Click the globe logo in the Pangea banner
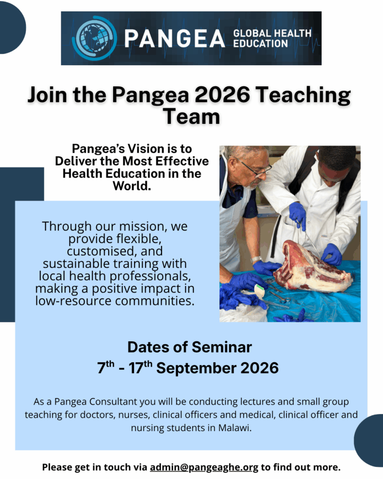point(94,37)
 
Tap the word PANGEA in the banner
point(175,38)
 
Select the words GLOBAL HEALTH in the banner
point(272,33)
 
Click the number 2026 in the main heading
point(222,94)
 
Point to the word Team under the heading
point(191,116)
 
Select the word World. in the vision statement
point(132,186)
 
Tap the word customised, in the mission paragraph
point(115,251)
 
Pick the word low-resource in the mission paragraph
point(73,301)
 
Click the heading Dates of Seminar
point(190,347)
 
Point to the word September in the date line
point(196,368)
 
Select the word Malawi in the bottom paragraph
point(234,428)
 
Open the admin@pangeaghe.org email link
point(204,468)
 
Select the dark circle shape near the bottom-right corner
point(369,440)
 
